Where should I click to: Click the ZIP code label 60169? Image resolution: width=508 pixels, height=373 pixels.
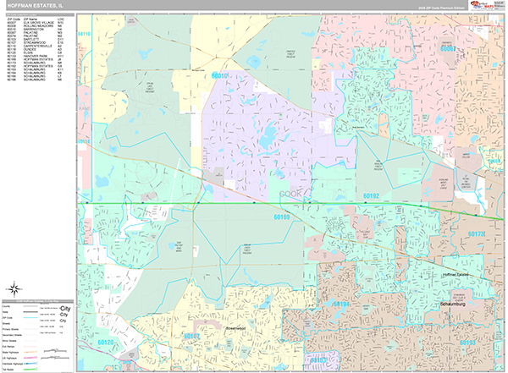(x=281, y=217)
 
